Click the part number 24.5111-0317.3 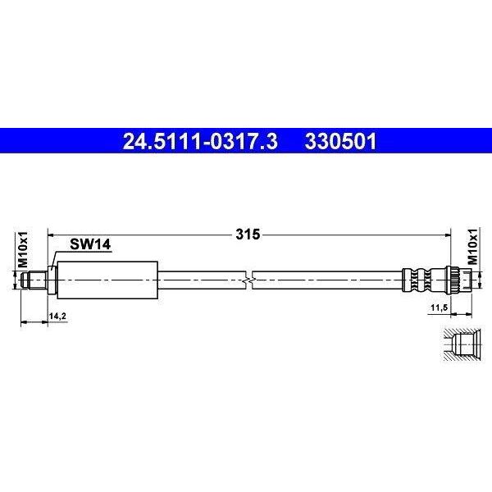click(200, 142)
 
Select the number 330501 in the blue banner click(340, 142)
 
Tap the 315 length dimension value click(248, 235)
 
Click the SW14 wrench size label click(90, 244)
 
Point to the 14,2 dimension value click(57, 317)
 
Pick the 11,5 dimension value click(439, 307)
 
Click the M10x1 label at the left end click(23, 250)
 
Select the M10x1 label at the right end click(472, 247)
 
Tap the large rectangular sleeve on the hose click(107, 280)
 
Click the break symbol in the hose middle click(249, 280)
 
